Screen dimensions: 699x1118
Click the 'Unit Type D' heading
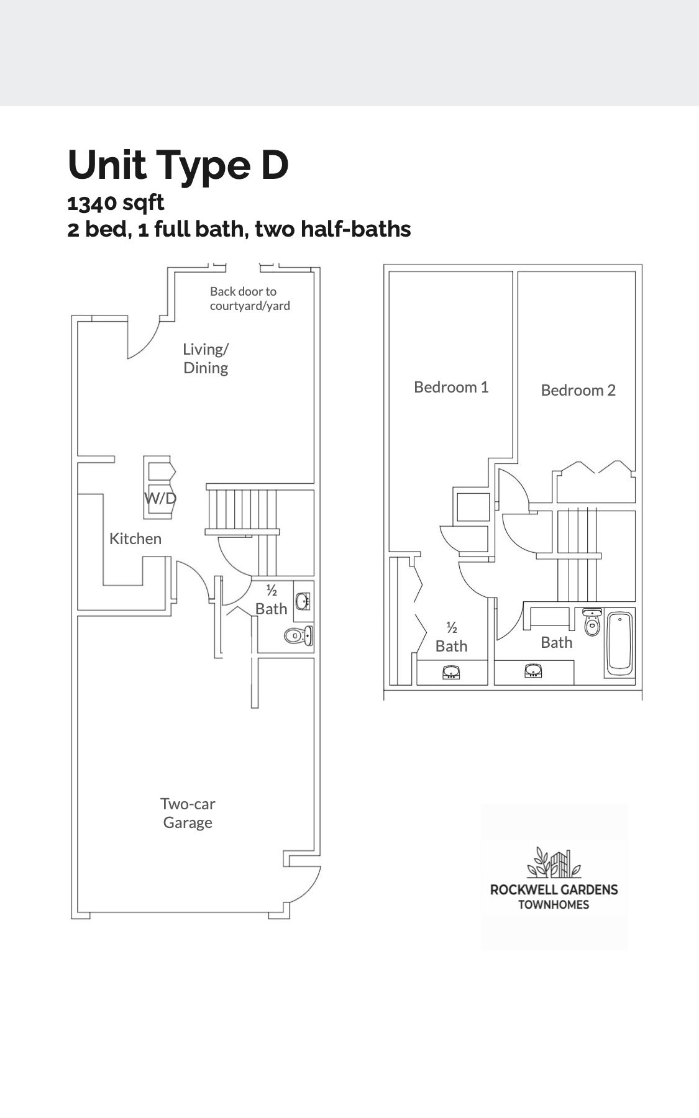178,165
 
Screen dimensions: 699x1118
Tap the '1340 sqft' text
116,202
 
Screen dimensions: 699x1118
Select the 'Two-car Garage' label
188,813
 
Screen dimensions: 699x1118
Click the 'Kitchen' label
135,539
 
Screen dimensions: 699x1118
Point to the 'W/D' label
160,498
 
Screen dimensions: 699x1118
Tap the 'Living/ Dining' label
206,358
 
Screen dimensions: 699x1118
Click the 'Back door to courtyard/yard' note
250,298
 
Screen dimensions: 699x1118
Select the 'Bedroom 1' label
451,387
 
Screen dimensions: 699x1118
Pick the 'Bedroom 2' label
578,390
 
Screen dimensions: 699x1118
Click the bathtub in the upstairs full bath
619,644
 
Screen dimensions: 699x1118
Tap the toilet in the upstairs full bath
592,622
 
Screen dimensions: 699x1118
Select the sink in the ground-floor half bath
303,601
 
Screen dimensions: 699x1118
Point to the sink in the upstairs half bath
451,671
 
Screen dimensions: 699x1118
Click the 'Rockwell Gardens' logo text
554,889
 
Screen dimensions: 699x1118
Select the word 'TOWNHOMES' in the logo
554,904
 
